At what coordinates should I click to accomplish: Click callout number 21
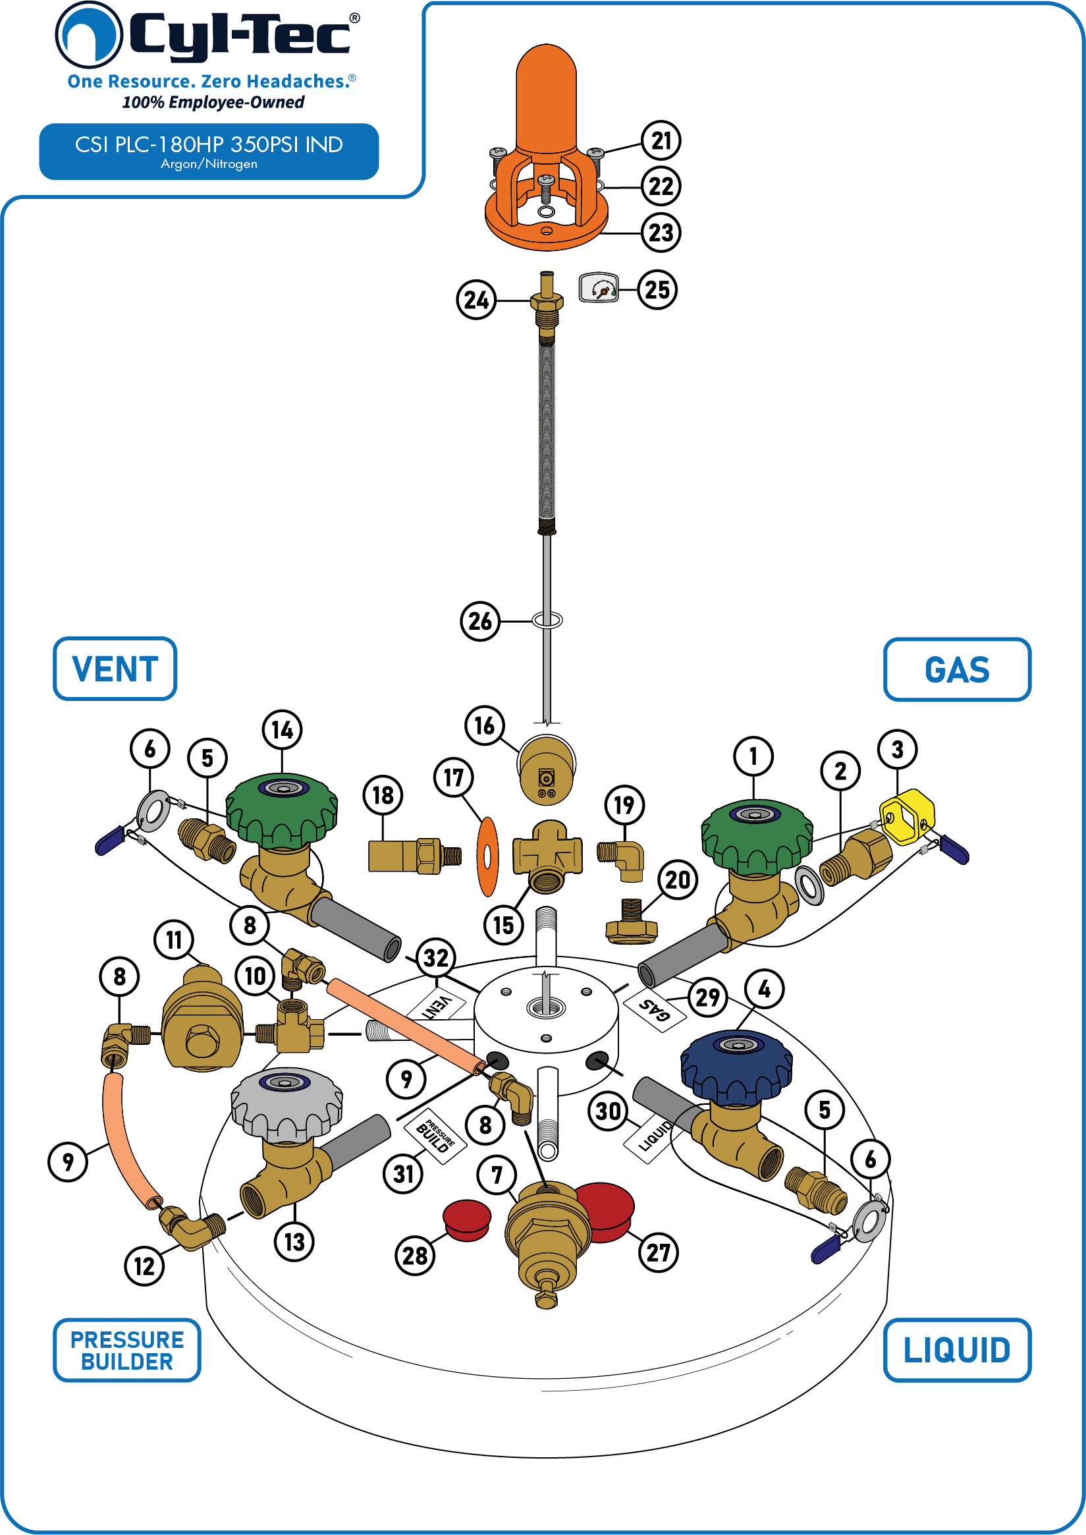tap(661, 140)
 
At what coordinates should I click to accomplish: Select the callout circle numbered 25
tap(657, 290)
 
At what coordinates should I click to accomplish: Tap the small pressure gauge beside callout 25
tap(599, 288)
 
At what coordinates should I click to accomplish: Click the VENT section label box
tap(115, 669)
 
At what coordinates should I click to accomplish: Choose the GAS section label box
tap(957, 669)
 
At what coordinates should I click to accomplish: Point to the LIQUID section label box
tap(957, 1350)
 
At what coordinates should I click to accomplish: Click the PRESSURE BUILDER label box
tap(127, 1350)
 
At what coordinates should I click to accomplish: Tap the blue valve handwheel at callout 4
tap(736, 1067)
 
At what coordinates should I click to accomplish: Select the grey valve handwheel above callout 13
tap(287, 1104)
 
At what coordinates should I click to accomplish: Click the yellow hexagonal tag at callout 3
tap(908, 817)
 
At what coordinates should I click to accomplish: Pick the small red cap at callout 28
tap(467, 1220)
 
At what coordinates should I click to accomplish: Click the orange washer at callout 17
tap(487, 856)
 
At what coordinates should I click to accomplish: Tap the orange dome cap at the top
tap(547, 98)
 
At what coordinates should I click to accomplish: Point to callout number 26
tap(480, 621)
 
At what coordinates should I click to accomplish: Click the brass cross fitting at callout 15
tap(547, 857)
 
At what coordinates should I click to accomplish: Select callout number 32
tap(436, 958)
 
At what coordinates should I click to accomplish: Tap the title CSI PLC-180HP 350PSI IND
tap(209, 144)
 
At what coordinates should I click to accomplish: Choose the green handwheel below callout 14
tap(281, 810)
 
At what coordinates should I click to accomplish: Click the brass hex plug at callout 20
tap(632, 922)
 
